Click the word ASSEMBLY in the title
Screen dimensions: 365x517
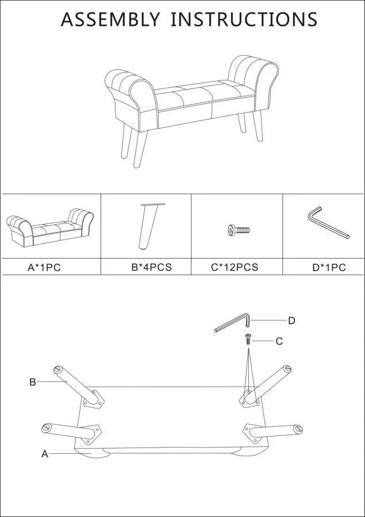[x=110, y=19]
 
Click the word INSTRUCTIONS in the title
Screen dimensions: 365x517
[x=244, y=19]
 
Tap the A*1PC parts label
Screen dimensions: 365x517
[x=44, y=267]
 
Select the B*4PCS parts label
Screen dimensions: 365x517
[x=152, y=267]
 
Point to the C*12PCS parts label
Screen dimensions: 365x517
[x=235, y=267]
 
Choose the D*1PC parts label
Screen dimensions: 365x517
[x=329, y=267]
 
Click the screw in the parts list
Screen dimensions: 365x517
[x=239, y=230]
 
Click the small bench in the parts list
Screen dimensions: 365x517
[x=49, y=227]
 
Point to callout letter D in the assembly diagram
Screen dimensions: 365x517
[x=292, y=321]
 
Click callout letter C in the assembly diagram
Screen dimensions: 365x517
[x=279, y=341]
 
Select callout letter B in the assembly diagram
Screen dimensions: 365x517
[x=32, y=382]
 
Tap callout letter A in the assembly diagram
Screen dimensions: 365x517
[x=45, y=454]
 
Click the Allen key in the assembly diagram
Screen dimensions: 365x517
[x=233, y=322]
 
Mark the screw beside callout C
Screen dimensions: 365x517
[x=248, y=339]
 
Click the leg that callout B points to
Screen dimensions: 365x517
[x=78, y=385]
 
